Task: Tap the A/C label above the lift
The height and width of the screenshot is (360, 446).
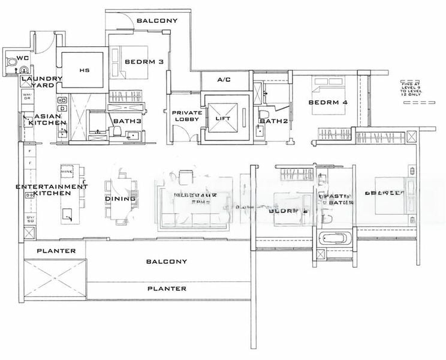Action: tap(224, 80)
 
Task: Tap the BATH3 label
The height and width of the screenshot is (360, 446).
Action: tap(126, 121)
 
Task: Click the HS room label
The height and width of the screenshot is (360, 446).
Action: tap(84, 70)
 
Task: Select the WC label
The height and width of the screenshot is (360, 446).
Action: tap(23, 58)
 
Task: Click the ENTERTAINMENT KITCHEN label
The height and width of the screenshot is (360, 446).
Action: tap(51, 190)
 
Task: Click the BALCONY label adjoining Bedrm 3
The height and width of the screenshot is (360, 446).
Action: tap(156, 21)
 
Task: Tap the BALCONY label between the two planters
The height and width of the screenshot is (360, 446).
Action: tap(166, 262)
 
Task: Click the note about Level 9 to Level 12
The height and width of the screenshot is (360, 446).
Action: tap(413, 89)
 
